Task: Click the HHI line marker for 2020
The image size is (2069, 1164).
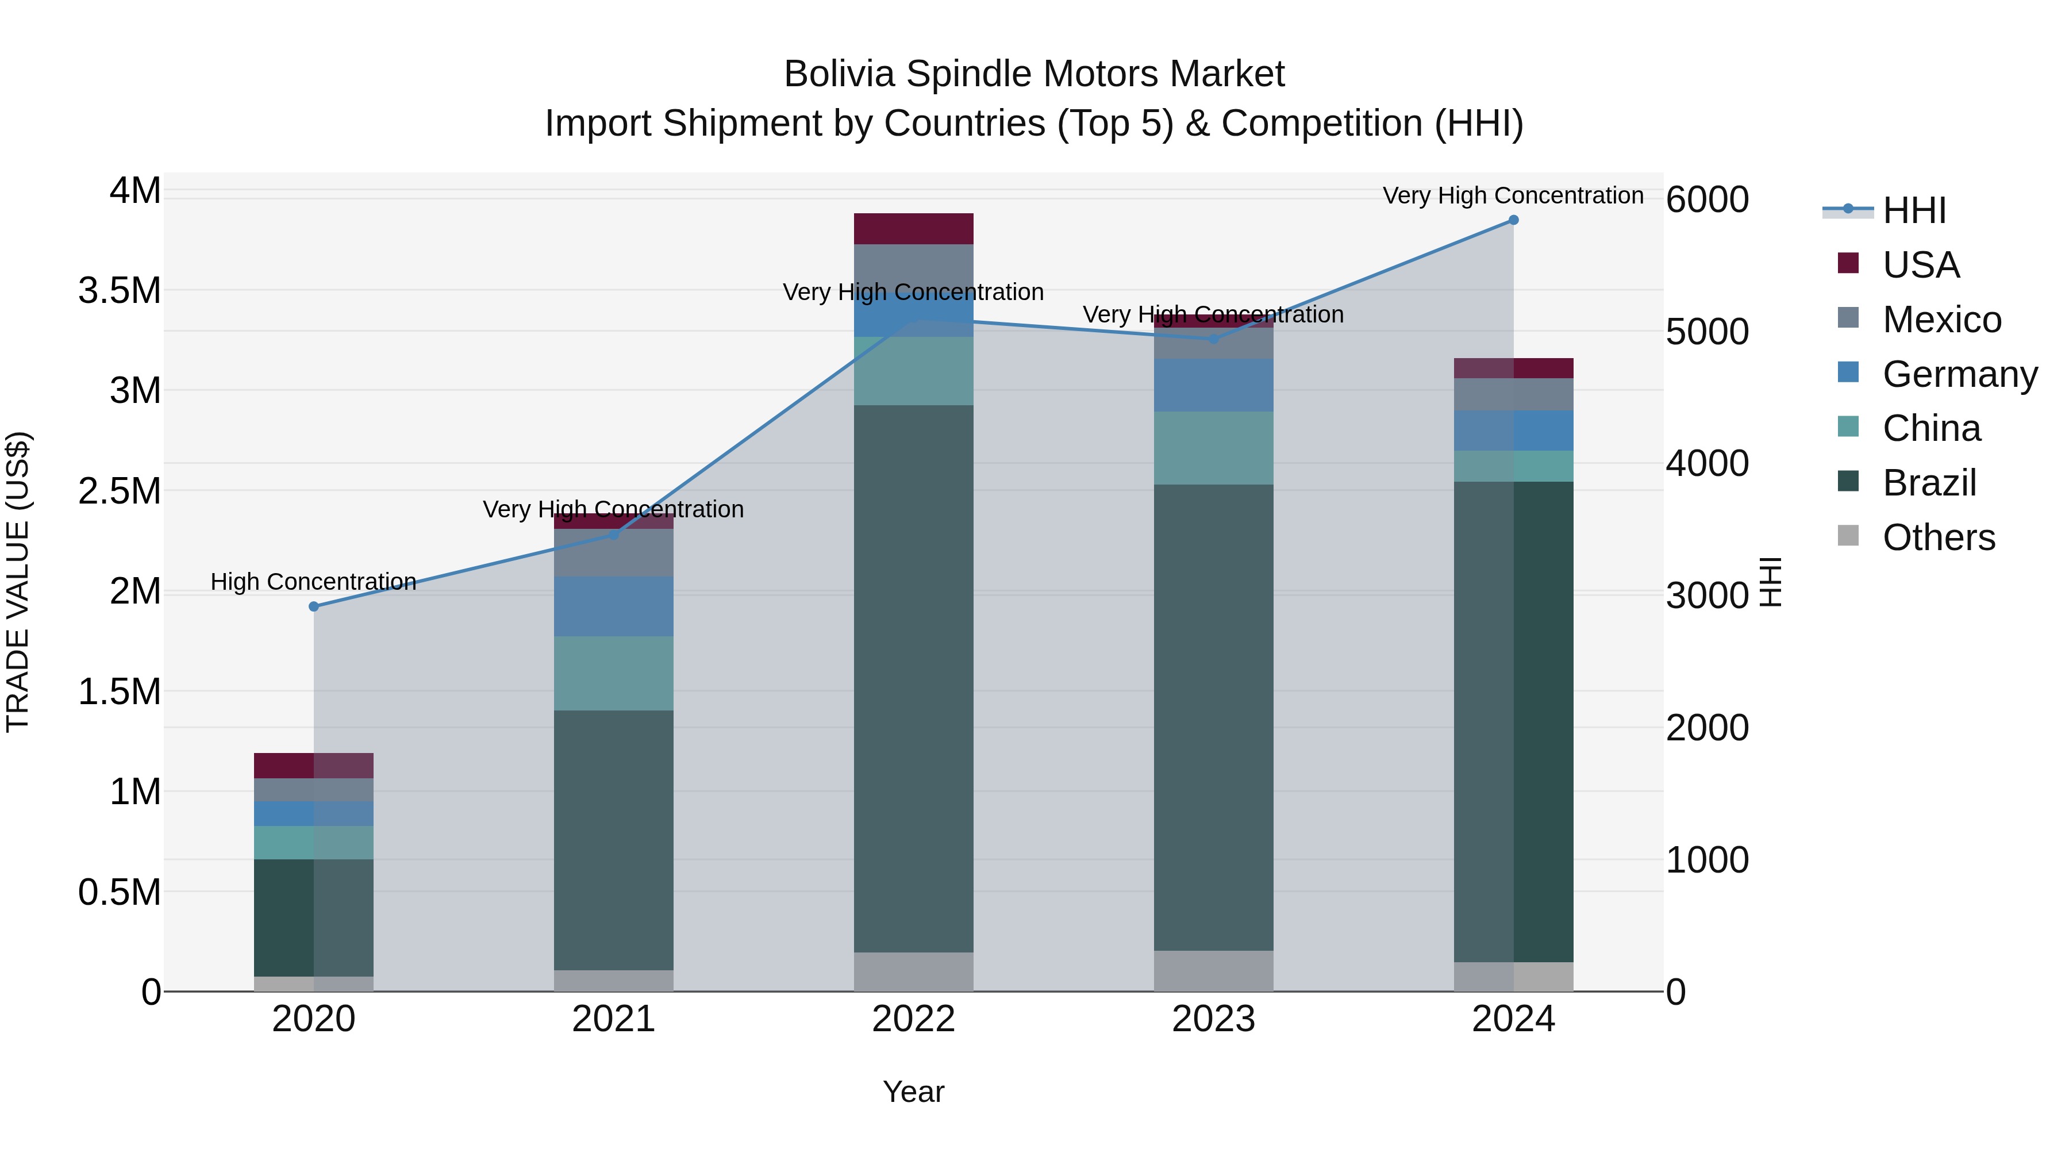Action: [313, 606]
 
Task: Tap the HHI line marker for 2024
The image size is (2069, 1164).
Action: [1513, 220]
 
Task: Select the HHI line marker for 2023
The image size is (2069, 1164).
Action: [1214, 339]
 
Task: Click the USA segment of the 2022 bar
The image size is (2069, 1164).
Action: [913, 229]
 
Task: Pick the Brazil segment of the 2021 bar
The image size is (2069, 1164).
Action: [614, 839]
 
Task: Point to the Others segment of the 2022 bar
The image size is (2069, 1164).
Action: [913, 971]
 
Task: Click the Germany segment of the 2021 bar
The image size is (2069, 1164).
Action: [614, 606]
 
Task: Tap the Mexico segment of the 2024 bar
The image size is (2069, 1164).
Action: [1513, 394]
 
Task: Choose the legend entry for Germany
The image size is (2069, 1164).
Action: [1960, 374]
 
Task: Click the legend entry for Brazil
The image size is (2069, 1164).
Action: [1929, 483]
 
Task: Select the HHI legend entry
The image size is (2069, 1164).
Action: [1914, 210]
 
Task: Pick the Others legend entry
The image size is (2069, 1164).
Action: [1938, 537]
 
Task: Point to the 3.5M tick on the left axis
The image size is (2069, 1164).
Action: [120, 290]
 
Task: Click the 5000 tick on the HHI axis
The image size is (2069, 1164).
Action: [1707, 331]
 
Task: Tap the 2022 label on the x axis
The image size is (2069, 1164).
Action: [913, 1019]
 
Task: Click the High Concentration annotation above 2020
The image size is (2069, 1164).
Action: [313, 582]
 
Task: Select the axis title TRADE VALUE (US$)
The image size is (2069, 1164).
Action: [18, 582]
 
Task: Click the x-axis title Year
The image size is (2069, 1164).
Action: [913, 1092]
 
